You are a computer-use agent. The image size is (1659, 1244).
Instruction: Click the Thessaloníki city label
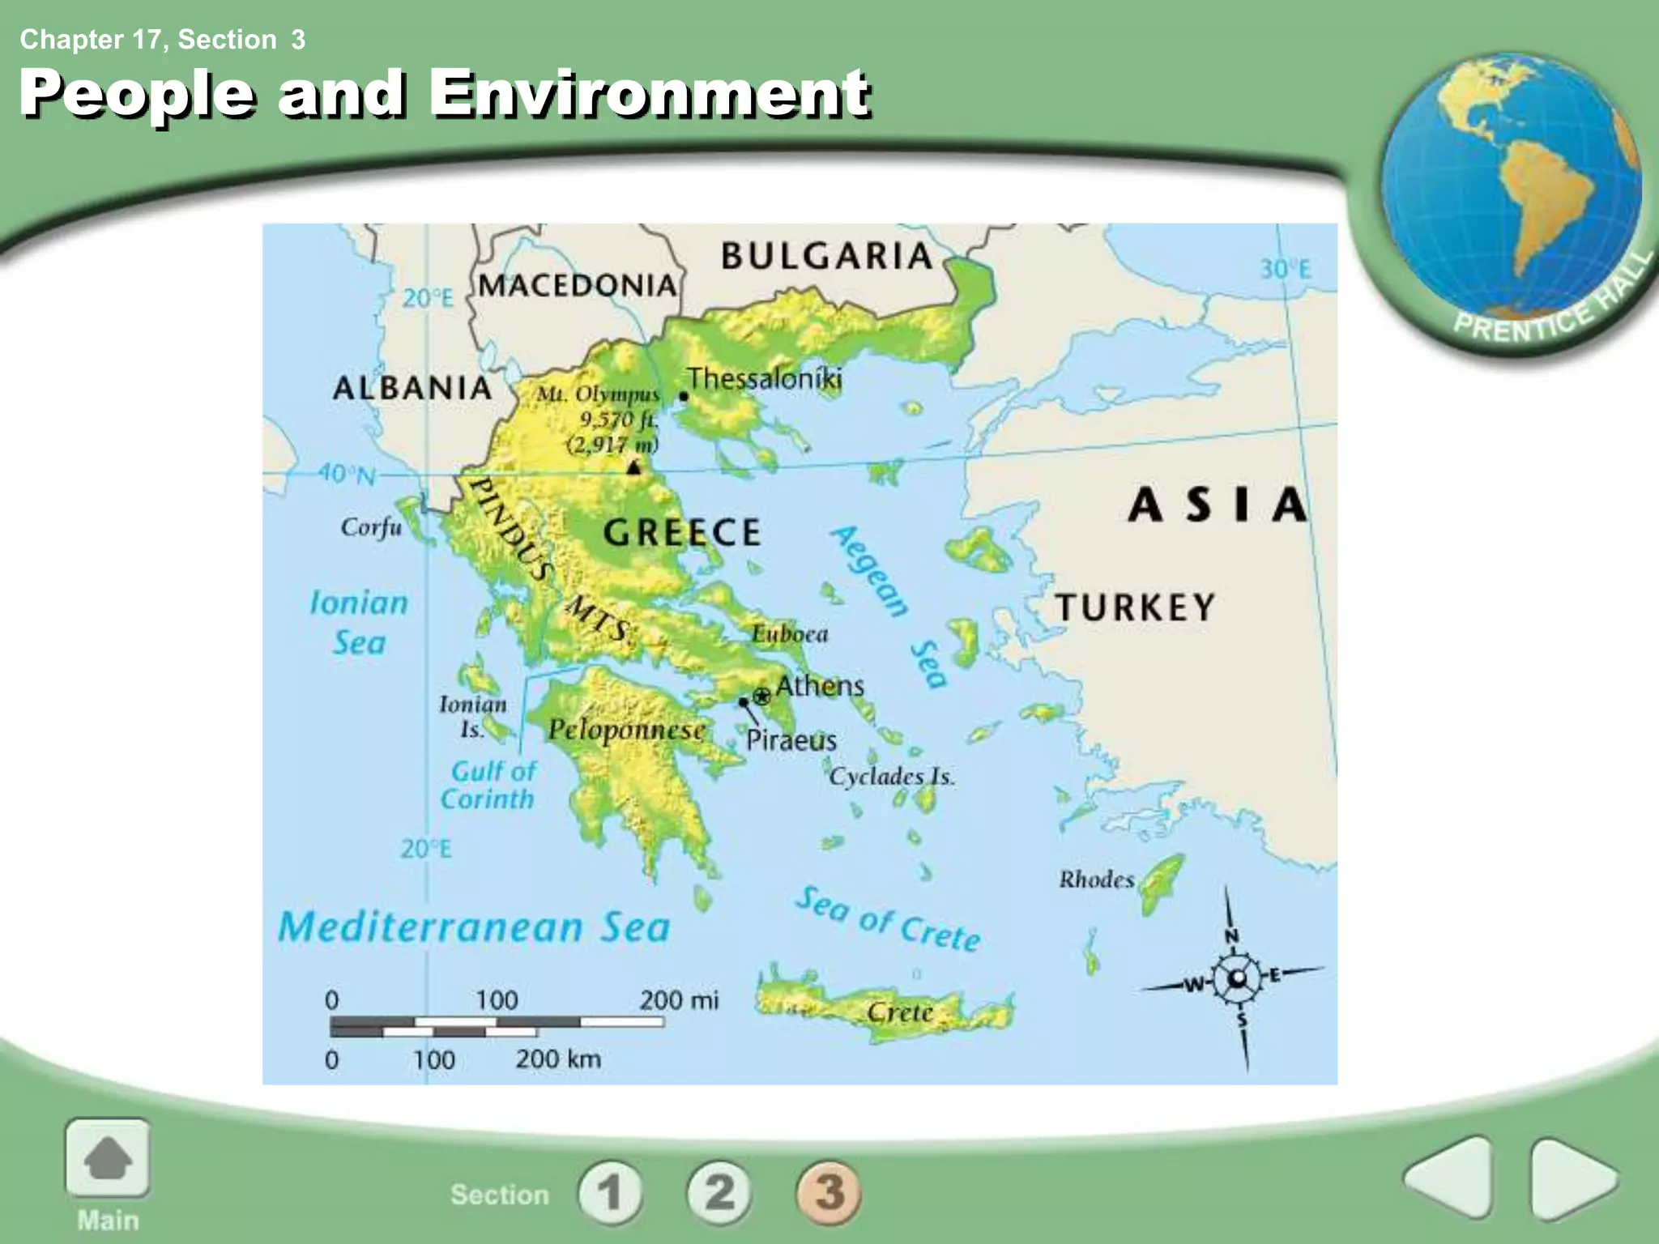point(765,378)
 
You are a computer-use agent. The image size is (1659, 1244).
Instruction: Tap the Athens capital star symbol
point(761,696)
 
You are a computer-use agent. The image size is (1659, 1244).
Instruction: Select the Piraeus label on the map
point(791,739)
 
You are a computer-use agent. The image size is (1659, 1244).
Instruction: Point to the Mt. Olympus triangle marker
point(634,466)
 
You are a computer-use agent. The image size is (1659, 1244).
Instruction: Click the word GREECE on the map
point(682,532)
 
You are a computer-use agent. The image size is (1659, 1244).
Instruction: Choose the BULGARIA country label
point(827,256)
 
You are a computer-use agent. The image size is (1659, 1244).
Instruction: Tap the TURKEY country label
point(1135,607)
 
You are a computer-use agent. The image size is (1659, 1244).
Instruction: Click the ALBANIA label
point(412,388)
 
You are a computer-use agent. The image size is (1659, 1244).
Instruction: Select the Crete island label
point(900,1012)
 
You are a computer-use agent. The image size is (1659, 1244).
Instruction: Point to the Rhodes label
point(1096,879)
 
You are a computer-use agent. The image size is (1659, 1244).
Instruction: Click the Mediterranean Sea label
point(474,927)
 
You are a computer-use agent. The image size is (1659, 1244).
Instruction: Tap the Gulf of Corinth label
point(488,785)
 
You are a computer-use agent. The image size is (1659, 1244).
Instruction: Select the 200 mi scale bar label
point(678,1000)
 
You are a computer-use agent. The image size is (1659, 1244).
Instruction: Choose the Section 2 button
point(719,1192)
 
